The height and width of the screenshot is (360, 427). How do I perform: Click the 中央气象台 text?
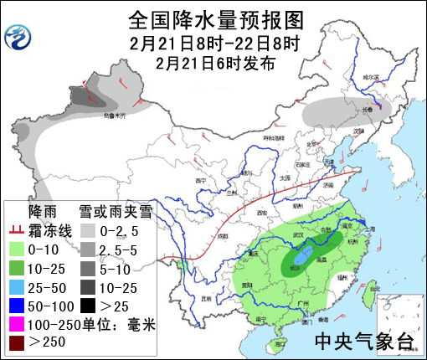[363, 341]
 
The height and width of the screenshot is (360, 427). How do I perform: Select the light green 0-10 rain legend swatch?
[16, 249]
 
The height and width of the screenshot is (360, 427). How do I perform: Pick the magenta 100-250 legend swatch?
[16, 323]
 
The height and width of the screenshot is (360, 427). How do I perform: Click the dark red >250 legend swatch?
[16, 342]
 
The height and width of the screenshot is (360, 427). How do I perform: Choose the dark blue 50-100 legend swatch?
[16, 305]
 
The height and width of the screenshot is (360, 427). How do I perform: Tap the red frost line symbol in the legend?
[16, 229]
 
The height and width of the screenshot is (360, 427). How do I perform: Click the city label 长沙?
[296, 267]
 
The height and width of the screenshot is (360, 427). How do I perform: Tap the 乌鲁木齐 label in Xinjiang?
[113, 115]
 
